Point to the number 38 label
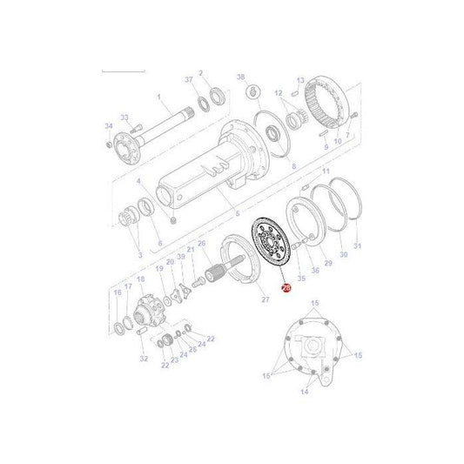[241, 77]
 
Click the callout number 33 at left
[124, 118]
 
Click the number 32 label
[143, 358]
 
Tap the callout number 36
[315, 272]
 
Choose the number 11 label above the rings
[326, 174]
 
